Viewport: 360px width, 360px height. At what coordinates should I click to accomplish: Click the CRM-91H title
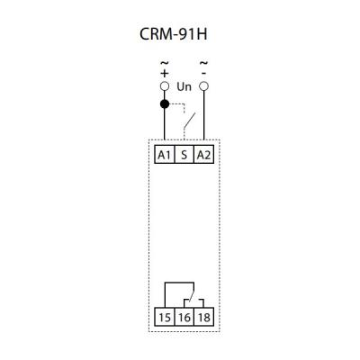tap(174, 34)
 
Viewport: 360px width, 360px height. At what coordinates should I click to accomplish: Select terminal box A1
tap(165, 155)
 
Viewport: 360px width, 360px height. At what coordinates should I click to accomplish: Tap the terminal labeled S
tap(184, 155)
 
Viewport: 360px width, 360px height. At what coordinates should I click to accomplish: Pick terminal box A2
tap(203, 155)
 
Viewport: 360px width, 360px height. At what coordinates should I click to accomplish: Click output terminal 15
tap(165, 317)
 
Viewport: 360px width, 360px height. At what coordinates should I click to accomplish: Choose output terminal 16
tap(184, 317)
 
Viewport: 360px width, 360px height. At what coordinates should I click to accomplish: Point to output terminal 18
tap(203, 317)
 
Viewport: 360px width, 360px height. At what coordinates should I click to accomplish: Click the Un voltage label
tap(184, 87)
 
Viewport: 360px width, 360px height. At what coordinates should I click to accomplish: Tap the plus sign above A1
tap(165, 73)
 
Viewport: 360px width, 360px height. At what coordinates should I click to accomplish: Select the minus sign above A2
tap(204, 73)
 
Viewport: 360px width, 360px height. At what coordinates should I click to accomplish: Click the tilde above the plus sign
tap(165, 63)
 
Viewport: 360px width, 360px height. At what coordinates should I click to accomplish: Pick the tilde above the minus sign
tap(204, 63)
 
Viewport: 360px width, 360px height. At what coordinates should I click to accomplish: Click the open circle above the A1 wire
tap(165, 86)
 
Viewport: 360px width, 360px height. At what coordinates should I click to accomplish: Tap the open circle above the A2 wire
tap(204, 86)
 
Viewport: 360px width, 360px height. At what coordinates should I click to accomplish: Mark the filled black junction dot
tap(165, 104)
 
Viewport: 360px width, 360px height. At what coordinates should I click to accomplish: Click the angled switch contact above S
tap(190, 121)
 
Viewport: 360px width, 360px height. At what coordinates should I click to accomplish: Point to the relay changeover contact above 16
tap(192, 292)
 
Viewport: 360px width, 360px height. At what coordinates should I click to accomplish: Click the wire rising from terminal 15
tap(165, 295)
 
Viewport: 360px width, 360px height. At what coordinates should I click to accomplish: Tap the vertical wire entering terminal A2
tap(204, 115)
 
